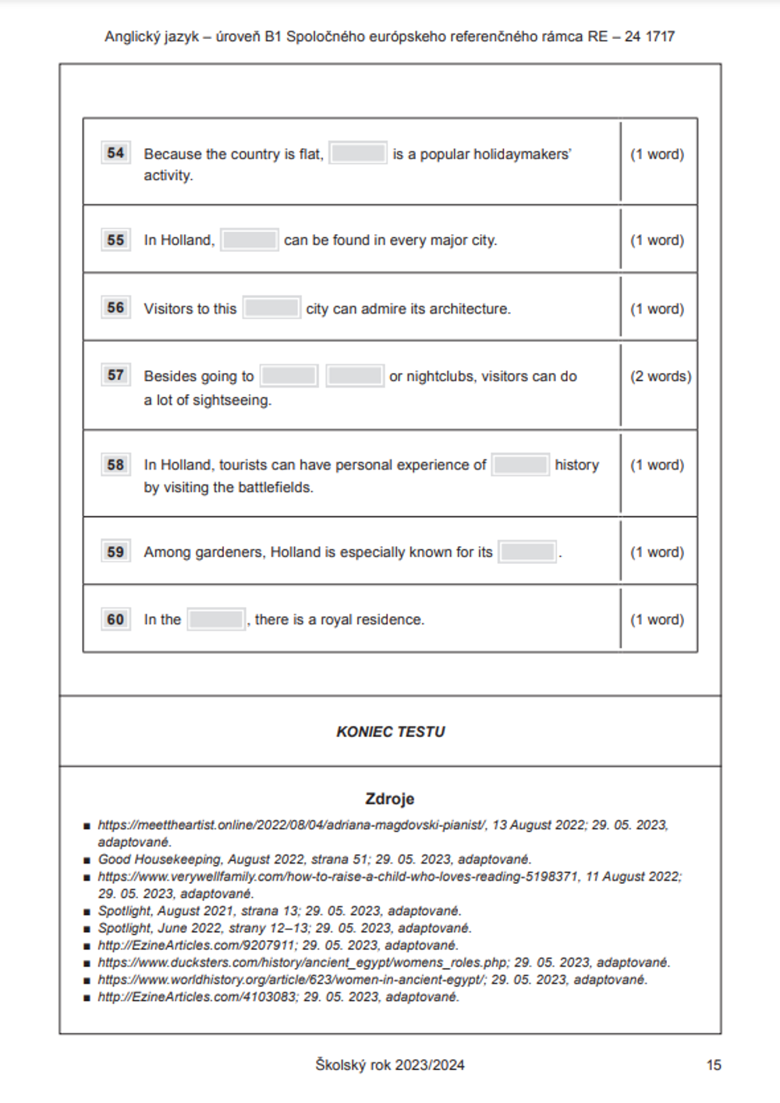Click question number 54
point(115,153)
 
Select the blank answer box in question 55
point(250,240)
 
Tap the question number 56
point(115,308)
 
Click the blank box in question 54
point(358,154)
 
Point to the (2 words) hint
point(661,377)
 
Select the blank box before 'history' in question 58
point(520,465)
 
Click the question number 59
point(115,552)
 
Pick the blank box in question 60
point(216,620)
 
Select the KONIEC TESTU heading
point(391,732)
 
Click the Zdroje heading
point(390,799)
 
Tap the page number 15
point(714,1066)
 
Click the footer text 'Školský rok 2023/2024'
point(390,1066)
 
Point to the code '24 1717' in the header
point(650,37)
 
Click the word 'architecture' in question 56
point(469,309)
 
